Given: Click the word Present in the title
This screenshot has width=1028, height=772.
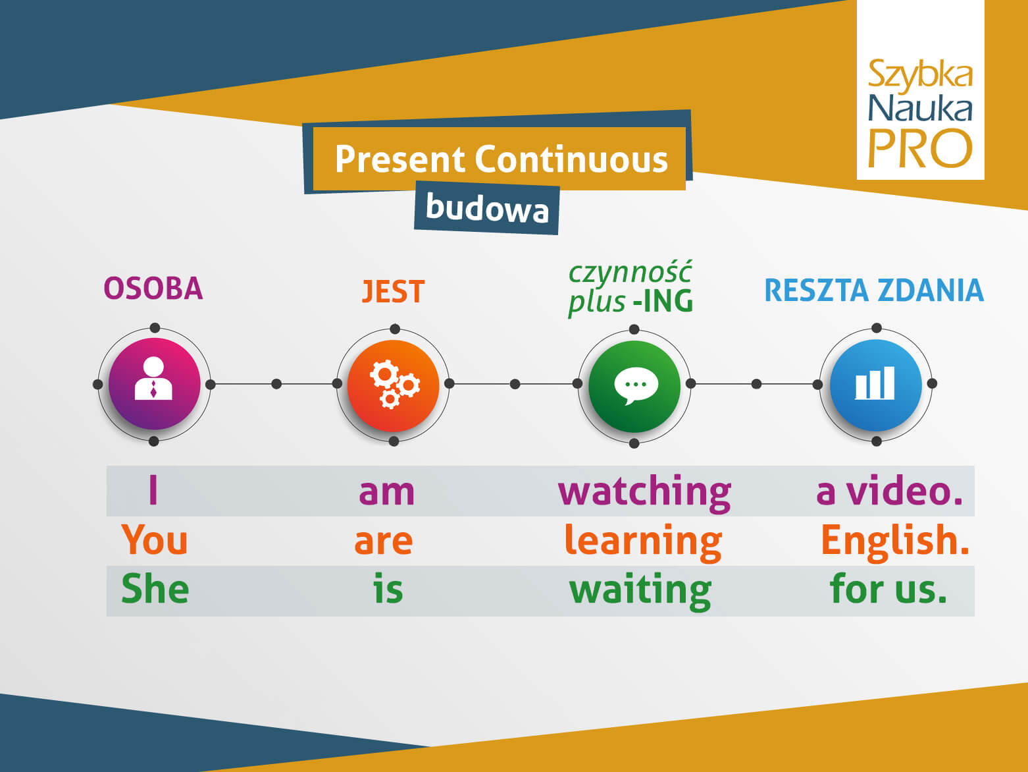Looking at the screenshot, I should [400, 159].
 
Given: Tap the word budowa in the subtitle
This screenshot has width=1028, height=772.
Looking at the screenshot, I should [487, 208].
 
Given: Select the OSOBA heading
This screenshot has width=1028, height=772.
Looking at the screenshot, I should [153, 289].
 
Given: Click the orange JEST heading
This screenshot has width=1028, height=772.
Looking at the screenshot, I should [394, 292].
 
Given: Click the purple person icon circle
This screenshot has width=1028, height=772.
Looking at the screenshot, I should [154, 384].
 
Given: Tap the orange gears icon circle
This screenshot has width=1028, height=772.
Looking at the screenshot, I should [394, 385].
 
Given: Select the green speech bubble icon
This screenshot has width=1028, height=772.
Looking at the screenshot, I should [634, 385].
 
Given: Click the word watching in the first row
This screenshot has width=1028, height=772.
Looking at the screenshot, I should [644, 492].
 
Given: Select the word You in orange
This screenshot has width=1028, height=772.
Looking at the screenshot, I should [155, 540].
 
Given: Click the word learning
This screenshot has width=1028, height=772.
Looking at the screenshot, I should [643, 541].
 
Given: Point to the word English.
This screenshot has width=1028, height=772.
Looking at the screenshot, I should [894, 541].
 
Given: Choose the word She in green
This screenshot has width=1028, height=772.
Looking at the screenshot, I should [155, 589].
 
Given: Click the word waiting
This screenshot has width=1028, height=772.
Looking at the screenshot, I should [640, 590].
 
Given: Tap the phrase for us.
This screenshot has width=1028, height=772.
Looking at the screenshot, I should [888, 589].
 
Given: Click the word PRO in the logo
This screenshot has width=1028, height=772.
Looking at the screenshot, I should [920, 149].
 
